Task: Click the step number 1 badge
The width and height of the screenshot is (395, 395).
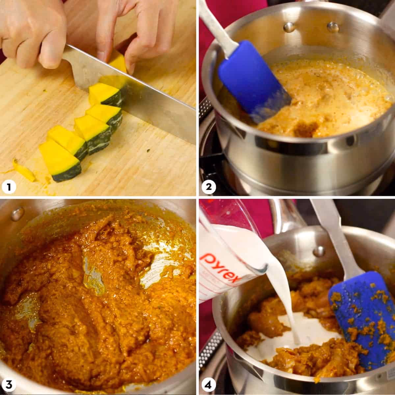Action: (9, 187)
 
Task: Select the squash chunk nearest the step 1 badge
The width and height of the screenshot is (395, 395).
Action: (61, 161)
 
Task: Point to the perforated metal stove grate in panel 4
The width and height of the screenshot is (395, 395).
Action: (214, 346)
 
